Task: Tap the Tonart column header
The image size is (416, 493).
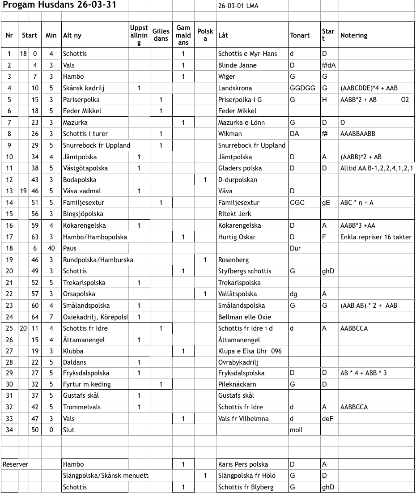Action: click(300, 35)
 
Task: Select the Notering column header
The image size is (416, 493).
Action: click(354, 35)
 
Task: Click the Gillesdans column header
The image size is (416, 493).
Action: click(161, 35)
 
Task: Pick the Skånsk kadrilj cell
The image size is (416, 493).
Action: click(84, 88)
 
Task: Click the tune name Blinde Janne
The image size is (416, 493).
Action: click(238, 65)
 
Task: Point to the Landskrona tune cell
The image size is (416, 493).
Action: click(235, 88)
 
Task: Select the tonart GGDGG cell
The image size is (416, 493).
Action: click(303, 88)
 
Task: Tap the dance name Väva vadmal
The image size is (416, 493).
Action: click(82, 191)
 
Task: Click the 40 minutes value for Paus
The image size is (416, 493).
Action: click(51, 248)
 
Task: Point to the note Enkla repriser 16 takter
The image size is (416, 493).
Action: click(376, 237)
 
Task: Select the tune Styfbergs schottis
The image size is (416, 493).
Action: click(245, 271)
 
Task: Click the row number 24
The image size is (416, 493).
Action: click(9, 317)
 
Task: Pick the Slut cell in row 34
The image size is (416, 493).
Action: click(69, 430)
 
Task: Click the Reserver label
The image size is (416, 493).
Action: click(16, 464)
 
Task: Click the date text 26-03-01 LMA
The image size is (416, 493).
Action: click(238, 6)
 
